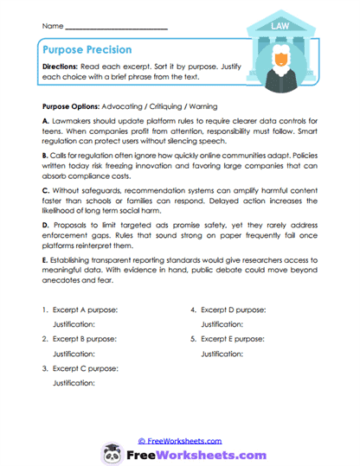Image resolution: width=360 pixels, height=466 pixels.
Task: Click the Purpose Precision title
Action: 84,50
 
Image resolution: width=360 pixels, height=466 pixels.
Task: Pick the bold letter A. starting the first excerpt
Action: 45,124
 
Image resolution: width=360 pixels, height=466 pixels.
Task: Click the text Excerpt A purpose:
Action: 86,309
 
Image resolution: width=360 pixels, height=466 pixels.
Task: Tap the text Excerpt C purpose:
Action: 86,367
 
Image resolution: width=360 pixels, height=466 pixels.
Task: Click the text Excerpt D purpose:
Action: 233,309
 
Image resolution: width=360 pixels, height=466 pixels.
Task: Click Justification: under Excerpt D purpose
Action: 222,324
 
